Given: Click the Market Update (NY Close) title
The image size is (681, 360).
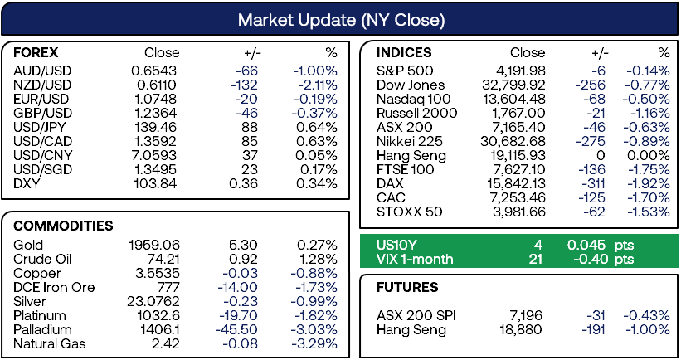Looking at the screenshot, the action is (342, 20).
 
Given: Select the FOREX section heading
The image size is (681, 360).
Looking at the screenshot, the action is (36, 52).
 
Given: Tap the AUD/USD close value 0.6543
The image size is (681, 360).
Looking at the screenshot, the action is (154, 71).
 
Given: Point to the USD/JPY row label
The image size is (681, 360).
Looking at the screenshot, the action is (40, 127).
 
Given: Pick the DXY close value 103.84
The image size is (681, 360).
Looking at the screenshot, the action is (155, 183).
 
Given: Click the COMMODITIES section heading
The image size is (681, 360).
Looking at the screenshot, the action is (63, 226).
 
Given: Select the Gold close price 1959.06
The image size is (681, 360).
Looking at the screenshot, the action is (154, 245).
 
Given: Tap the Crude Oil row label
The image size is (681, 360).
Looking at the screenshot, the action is (42, 260).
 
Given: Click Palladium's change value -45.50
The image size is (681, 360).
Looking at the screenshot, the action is (236, 329).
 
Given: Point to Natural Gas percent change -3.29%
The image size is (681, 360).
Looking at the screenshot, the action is (314, 344).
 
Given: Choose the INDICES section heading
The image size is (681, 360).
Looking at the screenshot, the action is (404, 52).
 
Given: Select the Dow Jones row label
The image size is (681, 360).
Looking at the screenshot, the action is (411, 85).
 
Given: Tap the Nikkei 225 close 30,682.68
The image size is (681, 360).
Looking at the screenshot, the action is (513, 142).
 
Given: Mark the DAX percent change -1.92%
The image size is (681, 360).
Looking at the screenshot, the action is (649, 183).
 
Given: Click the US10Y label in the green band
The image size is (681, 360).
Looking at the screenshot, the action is (396, 245).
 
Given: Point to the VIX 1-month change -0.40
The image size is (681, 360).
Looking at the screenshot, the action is (590, 260).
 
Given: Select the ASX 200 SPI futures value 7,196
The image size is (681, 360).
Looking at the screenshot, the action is (526, 316).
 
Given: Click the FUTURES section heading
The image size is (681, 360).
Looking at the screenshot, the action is (407, 288).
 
